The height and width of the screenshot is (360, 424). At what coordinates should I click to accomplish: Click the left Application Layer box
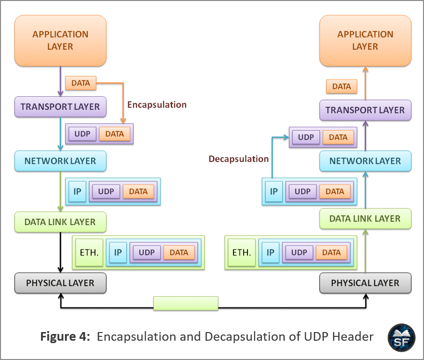[x=60, y=40]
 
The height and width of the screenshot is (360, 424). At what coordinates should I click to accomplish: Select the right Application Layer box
[x=365, y=40]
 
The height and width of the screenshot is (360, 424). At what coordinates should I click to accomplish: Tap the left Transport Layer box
[x=60, y=107]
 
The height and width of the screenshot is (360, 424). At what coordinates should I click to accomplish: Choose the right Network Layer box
[x=365, y=161]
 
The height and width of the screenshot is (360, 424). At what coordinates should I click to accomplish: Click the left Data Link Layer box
[x=60, y=222]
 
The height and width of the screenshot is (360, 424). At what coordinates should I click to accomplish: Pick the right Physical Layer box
[x=365, y=283]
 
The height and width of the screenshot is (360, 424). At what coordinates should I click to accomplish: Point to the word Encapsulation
[x=157, y=105]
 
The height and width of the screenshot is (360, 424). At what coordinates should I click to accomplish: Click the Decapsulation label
[x=238, y=159]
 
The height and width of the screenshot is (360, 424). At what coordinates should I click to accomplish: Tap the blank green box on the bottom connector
[x=186, y=303]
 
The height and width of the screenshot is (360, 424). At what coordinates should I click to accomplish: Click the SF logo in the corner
[x=401, y=338]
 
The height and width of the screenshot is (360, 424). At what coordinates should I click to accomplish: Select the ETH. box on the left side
[x=89, y=253]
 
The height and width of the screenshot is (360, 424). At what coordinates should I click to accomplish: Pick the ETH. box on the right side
[x=242, y=253]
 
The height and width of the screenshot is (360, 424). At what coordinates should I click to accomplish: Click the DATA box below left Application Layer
[x=81, y=83]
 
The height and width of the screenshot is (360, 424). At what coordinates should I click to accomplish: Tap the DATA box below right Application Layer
[x=342, y=86]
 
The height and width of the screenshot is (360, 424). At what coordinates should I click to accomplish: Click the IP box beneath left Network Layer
[x=77, y=191]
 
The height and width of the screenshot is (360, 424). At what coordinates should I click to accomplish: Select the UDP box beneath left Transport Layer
[x=82, y=134]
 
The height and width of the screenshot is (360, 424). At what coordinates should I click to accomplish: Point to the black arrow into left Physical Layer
[x=60, y=252]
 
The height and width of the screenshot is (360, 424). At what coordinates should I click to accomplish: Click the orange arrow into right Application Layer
[x=365, y=83]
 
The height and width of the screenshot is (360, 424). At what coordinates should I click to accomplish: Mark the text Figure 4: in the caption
[x=65, y=336]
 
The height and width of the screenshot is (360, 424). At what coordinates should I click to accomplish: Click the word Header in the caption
[x=353, y=336]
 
